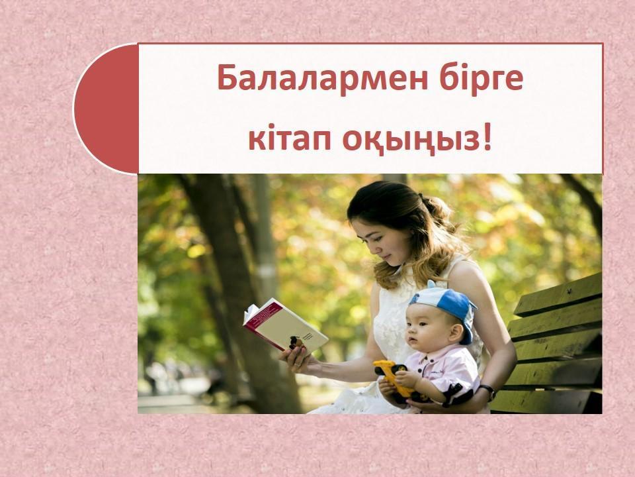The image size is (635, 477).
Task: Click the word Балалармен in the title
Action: tap(322, 78)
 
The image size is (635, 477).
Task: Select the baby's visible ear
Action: tap(456, 333)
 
